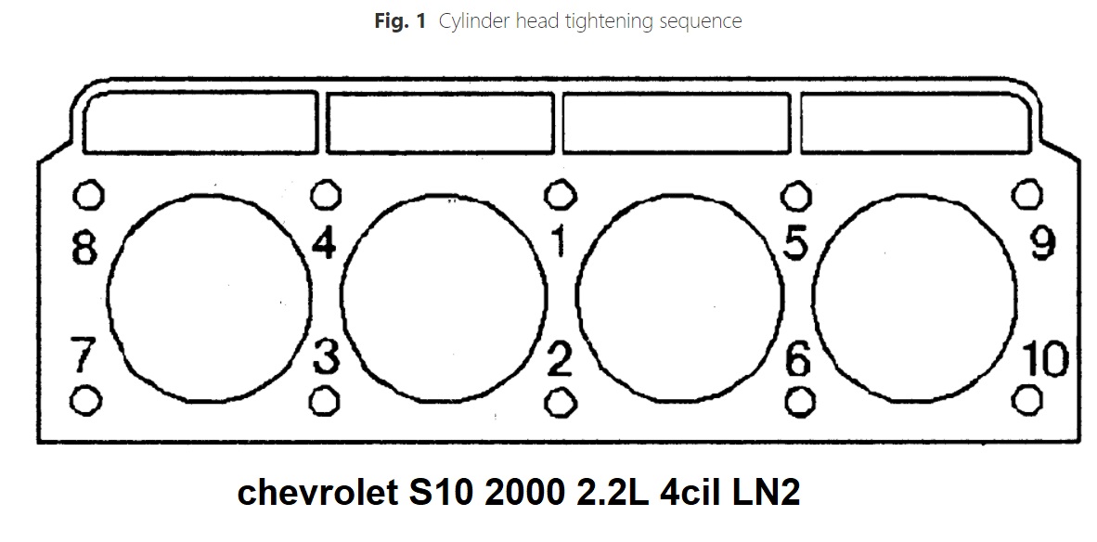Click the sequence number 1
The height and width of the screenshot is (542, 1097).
(x=559, y=243)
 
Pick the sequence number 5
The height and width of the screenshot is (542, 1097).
(x=796, y=243)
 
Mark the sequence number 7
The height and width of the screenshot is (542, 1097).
(x=84, y=355)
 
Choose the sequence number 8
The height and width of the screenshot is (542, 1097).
(x=84, y=248)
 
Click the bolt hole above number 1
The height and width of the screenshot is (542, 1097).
(x=558, y=195)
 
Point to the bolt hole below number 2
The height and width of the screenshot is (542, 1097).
(x=559, y=401)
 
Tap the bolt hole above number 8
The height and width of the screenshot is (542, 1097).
(x=86, y=195)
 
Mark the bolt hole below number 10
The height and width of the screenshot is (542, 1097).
(x=1026, y=400)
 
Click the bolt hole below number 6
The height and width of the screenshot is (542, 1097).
(x=798, y=401)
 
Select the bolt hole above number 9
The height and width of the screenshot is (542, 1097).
(x=1026, y=195)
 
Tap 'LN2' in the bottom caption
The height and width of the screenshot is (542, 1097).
(x=763, y=493)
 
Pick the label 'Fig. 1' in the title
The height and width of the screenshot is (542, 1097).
(x=398, y=20)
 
